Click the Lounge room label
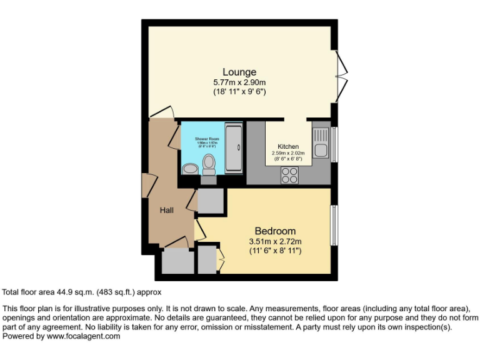[239, 72]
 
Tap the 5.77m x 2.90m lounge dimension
[239, 82]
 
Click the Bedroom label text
[275, 231]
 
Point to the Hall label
[166, 211]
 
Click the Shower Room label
[206, 138]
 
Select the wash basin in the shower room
[189, 167]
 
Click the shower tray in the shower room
[234, 149]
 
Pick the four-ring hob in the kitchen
[289, 175]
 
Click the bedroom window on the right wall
[333, 225]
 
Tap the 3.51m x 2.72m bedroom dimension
[275, 242]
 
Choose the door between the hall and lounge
[162, 112]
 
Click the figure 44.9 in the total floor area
[64, 292]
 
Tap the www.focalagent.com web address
[83, 336]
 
